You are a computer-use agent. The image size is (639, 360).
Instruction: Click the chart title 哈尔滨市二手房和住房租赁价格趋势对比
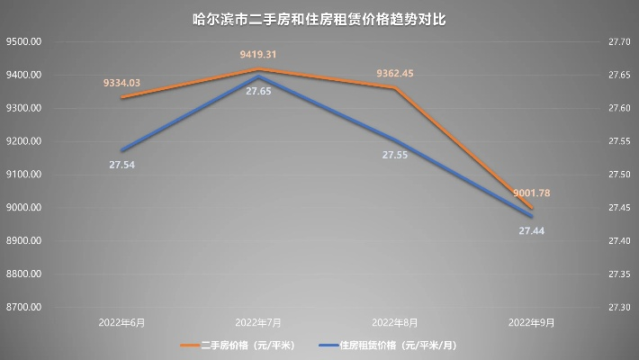319,18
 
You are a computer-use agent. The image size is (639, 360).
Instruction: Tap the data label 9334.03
121,83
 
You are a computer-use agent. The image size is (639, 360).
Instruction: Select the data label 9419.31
258,55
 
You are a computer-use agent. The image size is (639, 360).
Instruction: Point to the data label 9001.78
532,193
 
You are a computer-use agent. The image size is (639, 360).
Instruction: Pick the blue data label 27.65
258,104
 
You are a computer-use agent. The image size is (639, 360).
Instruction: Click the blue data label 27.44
532,231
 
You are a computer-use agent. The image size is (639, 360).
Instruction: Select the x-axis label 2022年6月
121,321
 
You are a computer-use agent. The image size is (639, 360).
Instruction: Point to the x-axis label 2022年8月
395,321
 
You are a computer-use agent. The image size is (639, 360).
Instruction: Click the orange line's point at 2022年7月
258,69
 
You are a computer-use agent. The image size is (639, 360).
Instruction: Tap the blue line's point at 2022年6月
121,150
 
